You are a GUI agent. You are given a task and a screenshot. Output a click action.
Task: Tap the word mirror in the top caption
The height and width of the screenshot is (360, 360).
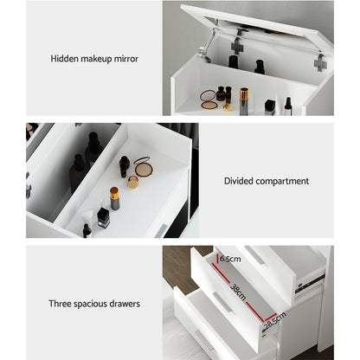tap(124, 59)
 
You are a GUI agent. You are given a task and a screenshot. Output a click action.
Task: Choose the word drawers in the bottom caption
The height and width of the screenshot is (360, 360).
tap(122, 304)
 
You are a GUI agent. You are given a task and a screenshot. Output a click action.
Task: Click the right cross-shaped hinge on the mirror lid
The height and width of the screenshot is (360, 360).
tap(320, 62)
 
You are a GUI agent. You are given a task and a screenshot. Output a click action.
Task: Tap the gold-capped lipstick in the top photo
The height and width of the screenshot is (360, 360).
tap(244, 97)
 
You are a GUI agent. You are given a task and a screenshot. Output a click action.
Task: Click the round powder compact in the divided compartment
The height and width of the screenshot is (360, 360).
tap(142, 168)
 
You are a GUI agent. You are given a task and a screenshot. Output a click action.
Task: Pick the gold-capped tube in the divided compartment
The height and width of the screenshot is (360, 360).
tap(114, 199)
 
